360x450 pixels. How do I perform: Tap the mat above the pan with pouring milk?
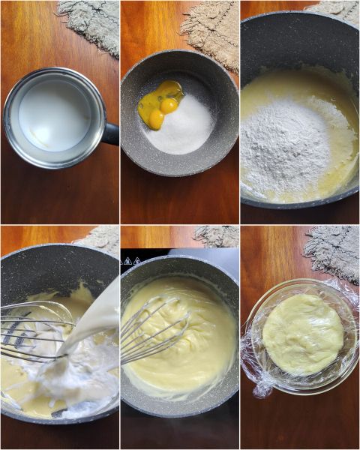[x=101, y=236]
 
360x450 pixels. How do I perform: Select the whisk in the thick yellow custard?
[x=154, y=330]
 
